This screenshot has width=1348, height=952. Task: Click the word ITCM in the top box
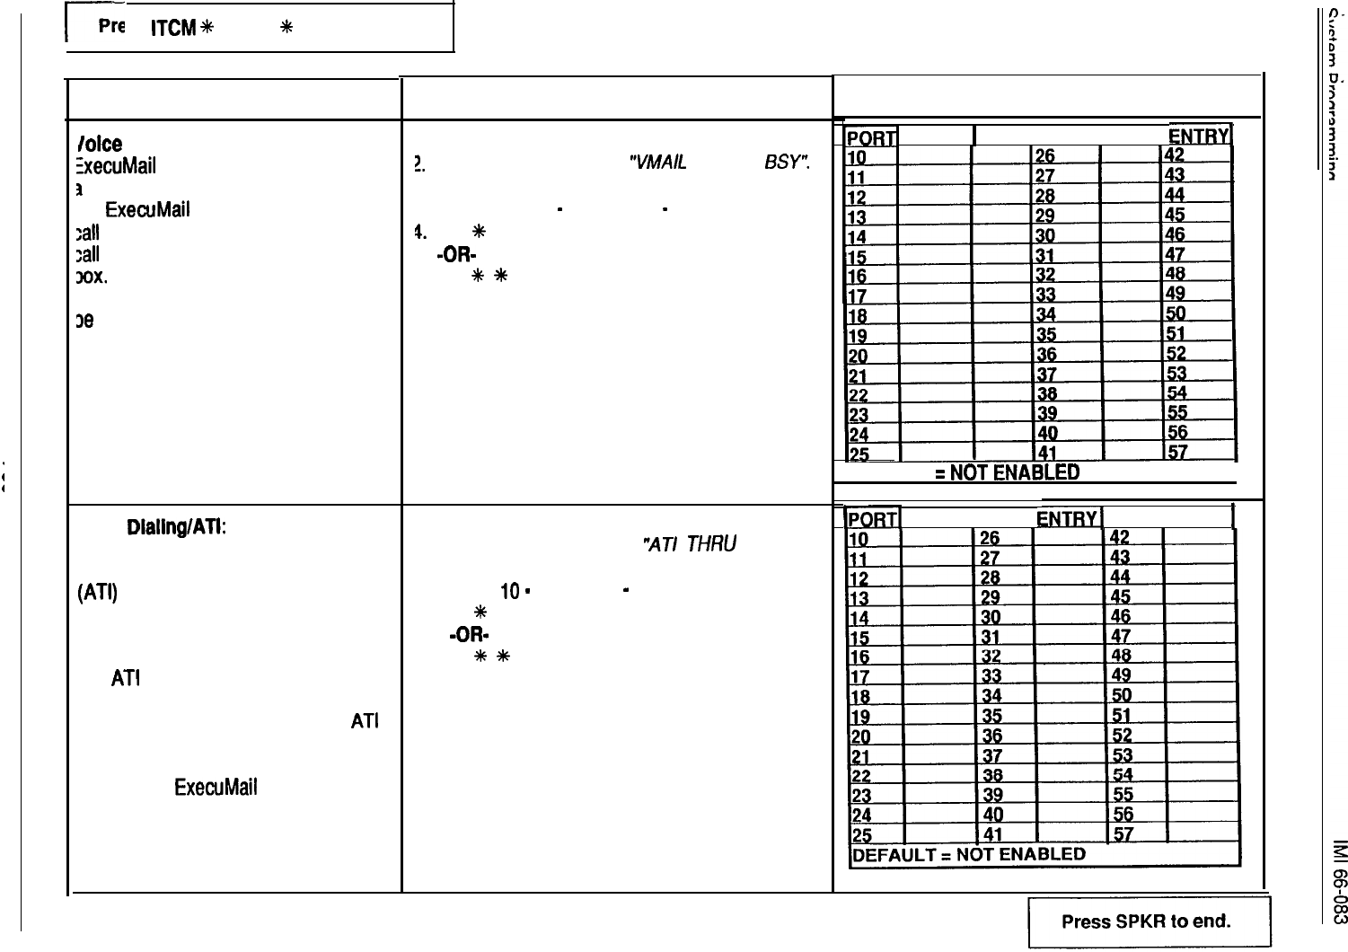pos(172,28)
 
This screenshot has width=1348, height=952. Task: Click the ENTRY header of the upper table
pos(1198,136)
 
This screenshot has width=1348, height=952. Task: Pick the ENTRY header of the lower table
pos(1066,519)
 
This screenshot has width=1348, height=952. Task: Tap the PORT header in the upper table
pos(871,137)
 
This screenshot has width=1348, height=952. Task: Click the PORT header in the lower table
pos(874,520)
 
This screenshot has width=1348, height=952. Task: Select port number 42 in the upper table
pos(1175,156)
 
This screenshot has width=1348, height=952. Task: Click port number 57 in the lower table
pos(1123,834)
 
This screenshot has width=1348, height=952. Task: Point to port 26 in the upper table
pos(1046,156)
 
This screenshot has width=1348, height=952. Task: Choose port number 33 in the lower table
pos(991,676)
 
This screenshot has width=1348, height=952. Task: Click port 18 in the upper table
pos(859,314)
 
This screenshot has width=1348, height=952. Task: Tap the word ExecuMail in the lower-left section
pos(216,788)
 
